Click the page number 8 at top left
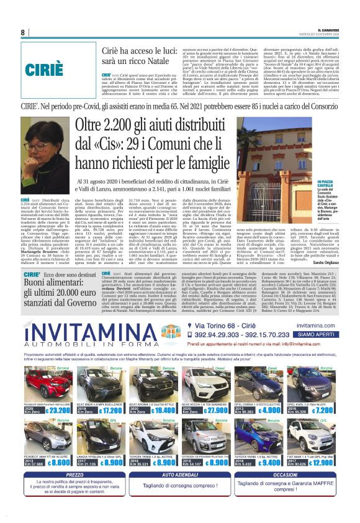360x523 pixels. point(23,33)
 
